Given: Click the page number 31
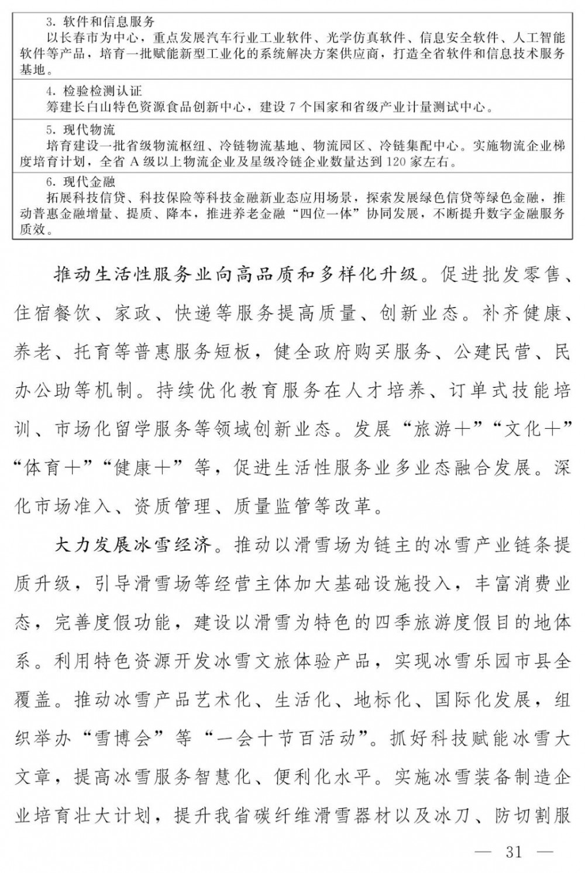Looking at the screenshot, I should pyautogui.click(x=514, y=852).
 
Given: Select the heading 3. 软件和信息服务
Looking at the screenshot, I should pyautogui.click(x=100, y=22).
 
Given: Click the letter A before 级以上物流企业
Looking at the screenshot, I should pyautogui.click(x=133, y=161).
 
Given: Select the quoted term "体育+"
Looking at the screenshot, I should pyautogui.click(x=53, y=468).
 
